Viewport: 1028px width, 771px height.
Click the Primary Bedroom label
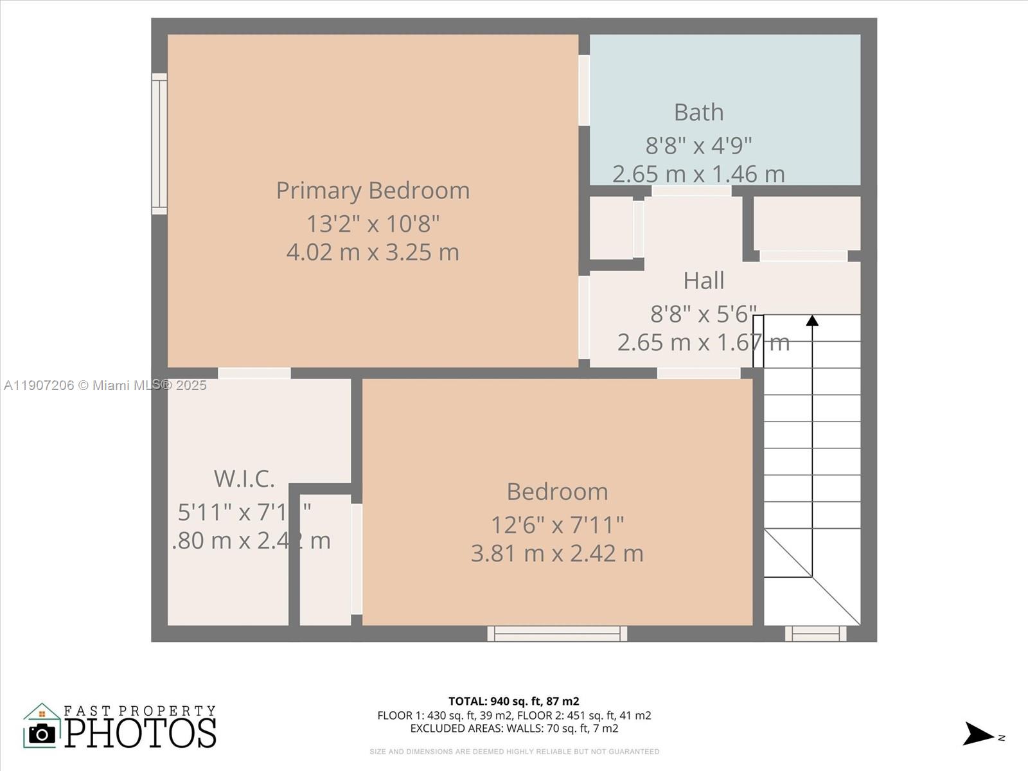373,191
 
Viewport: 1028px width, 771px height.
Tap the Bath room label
698,112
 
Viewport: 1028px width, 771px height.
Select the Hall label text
704,281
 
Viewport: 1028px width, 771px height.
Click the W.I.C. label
244,479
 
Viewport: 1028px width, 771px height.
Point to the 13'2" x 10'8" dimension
373,224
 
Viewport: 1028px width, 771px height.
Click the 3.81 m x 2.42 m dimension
557,553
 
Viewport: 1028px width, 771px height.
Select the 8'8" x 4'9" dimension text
698,146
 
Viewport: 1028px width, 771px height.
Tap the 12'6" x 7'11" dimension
557,525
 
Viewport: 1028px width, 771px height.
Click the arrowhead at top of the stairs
812,320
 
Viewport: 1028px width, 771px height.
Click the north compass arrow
978,734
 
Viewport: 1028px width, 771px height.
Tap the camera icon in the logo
42,733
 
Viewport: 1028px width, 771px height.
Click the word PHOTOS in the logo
140,733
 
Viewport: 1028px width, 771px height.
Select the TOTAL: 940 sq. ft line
513,701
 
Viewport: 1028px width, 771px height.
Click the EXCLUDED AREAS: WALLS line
513,728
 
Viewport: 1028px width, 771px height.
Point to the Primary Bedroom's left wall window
159,143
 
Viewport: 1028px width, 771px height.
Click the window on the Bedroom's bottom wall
557,634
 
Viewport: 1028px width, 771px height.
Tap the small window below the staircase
815,634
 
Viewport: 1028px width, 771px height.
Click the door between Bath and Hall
691,191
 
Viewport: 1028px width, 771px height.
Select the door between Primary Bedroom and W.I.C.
254,373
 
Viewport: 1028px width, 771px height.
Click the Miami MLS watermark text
105,385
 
